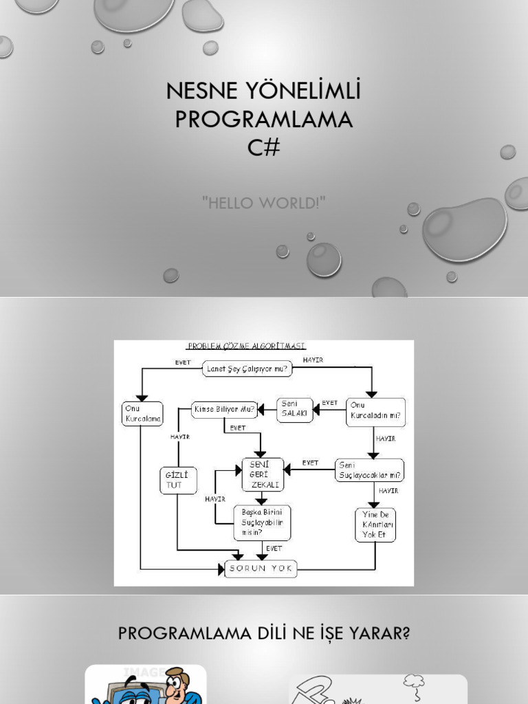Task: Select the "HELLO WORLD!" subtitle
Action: pos(264,203)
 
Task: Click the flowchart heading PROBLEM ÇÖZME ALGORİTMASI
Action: pos(247,346)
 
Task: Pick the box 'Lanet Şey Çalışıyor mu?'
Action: pos(247,369)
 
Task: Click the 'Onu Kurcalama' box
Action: pos(143,414)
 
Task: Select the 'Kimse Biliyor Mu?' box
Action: pos(224,410)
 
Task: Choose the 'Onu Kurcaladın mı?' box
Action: pos(375,412)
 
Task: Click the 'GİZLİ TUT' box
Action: pos(178,481)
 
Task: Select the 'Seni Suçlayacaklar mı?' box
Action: pos(370,470)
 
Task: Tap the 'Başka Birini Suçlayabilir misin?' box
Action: pos(262,522)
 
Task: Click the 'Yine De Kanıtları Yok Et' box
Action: pos(375,525)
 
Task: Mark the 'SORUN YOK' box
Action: pos(261,569)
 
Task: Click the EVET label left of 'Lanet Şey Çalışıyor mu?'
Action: pos(183,362)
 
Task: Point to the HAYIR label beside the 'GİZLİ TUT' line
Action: pos(180,437)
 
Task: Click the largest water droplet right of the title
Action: pos(465,229)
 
